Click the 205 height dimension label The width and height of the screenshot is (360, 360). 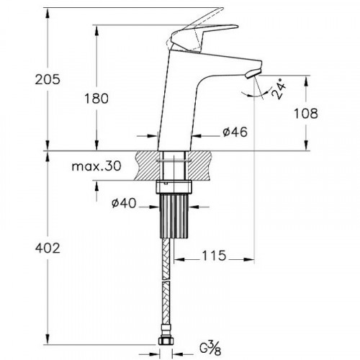(x=48, y=79)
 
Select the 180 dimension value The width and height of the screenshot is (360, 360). (x=96, y=99)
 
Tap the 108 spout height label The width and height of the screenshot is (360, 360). (x=306, y=113)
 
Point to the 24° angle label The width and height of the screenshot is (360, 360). (x=279, y=89)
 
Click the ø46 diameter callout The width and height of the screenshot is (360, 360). (x=235, y=132)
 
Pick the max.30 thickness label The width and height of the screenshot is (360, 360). (x=96, y=166)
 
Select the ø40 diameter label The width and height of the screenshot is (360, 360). (x=124, y=204)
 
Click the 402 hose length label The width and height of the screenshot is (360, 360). (x=48, y=248)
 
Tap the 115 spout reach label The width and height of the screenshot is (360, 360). (x=214, y=256)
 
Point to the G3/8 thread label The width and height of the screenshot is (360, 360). (x=210, y=348)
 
